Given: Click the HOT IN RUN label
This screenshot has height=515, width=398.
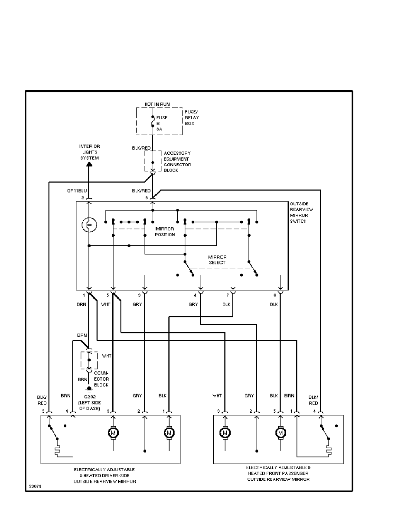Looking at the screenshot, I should click(x=157, y=104).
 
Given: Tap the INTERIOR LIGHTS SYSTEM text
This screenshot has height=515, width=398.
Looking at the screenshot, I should click(x=89, y=152).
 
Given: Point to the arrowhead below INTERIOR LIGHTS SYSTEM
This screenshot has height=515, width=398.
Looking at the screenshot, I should click(x=89, y=164).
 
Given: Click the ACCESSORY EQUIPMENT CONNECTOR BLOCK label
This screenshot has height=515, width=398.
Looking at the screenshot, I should click(x=177, y=162).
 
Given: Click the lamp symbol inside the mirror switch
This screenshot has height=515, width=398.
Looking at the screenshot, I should click(x=89, y=225).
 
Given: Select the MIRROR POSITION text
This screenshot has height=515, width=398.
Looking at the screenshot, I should click(x=165, y=231).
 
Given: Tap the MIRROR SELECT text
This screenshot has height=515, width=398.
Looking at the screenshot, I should click(x=217, y=260).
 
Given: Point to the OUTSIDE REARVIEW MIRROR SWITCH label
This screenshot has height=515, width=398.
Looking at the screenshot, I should click(x=301, y=212).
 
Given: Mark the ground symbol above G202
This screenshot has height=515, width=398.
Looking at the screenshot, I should click(x=89, y=389).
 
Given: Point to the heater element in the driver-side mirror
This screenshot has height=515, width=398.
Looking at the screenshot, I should click(x=58, y=452).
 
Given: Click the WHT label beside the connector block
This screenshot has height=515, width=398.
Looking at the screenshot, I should click(x=106, y=356).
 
